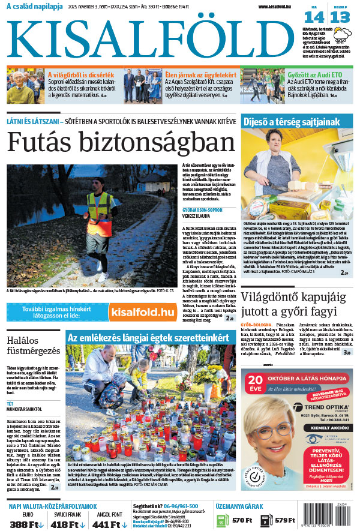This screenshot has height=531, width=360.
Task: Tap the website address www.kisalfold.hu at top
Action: (279, 7)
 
